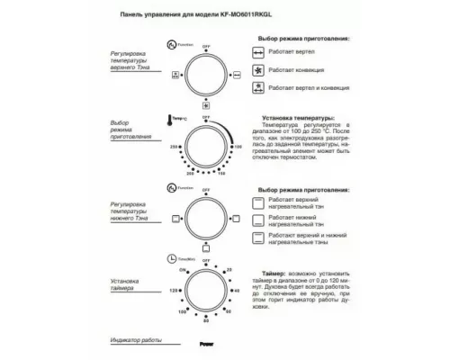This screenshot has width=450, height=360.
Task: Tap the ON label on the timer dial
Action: [x=184, y=270]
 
